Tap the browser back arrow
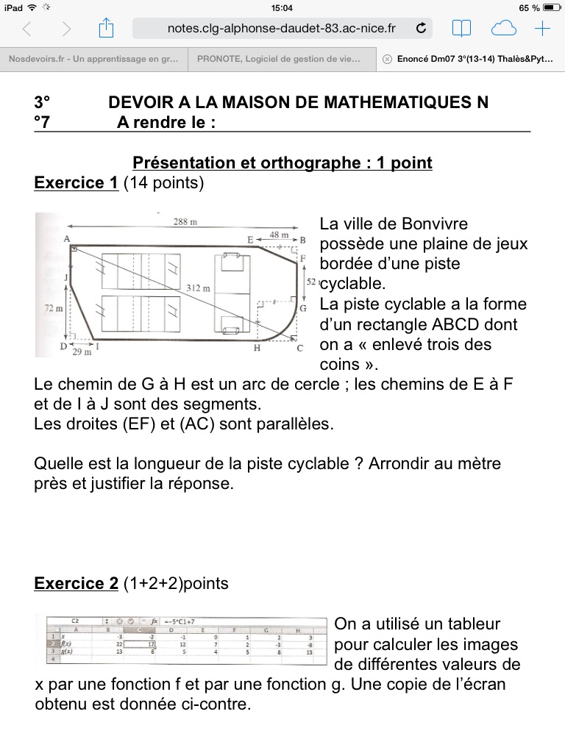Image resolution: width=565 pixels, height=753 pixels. [27, 29]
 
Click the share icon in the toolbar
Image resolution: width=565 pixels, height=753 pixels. [106, 29]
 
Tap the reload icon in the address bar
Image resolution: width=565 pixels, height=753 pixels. [421, 29]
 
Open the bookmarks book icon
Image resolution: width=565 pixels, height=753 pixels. [461, 29]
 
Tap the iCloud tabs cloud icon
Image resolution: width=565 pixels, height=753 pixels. [503, 29]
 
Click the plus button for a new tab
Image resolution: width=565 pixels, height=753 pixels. [542, 29]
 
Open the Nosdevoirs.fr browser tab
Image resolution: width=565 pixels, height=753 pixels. [93, 60]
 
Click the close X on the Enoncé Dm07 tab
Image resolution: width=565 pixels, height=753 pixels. [388, 60]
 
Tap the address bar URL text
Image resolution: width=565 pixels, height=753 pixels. [282, 29]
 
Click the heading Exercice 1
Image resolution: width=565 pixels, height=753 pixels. [77, 183]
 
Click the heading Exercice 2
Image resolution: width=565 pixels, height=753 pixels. [77, 584]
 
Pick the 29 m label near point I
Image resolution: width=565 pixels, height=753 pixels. [82, 353]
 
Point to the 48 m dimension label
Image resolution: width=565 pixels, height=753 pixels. [280, 234]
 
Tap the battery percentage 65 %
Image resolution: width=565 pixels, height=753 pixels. [528, 7]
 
